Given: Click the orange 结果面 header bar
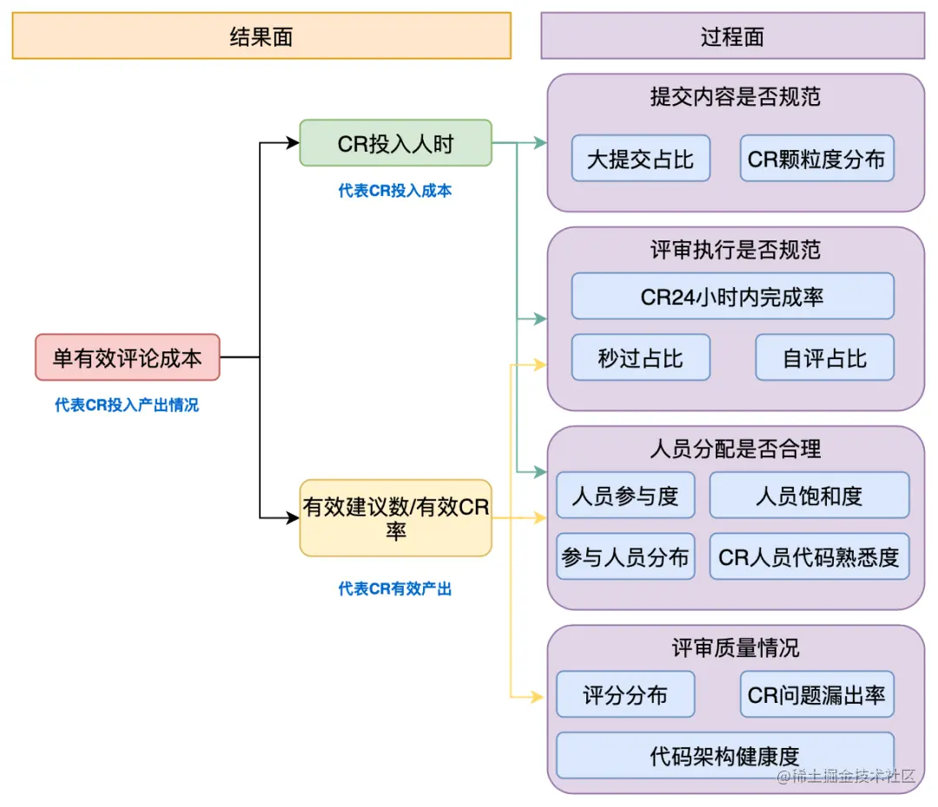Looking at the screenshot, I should click(x=261, y=36).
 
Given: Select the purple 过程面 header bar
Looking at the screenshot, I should click(x=732, y=36).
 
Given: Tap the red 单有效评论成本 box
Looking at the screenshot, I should click(x=128, y=358).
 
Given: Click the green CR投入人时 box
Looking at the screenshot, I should click(x=395, y=143).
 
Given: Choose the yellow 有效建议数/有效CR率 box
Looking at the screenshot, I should click(x=395, y=518).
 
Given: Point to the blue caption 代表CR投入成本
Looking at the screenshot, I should click(x=395, y=191).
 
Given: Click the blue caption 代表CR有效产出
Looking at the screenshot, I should click(x=395, y=588).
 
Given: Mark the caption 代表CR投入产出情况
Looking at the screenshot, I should click(x=127, y=405).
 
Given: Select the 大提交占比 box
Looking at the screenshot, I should click(x=640, y=159).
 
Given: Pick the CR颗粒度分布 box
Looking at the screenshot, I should click(x=816, y=159).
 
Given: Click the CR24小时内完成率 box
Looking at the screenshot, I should click(x=732, y=297).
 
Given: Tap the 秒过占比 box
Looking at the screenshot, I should click(x=640, y=358).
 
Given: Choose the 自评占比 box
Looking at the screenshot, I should click(x=824, y=358).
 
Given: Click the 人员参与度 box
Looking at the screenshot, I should click(x=625, y=495).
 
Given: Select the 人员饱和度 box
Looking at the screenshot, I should click(x=809, y=495).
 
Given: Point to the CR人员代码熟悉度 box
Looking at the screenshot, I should click(x=809, y=556).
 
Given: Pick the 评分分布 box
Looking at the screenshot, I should click(x=625, y=694).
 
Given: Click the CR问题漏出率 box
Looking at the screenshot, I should click(x=816, y=694).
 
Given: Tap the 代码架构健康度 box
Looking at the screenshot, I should click(x=724, y=755).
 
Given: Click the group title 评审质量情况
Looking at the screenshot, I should click(x=735, y=648).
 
